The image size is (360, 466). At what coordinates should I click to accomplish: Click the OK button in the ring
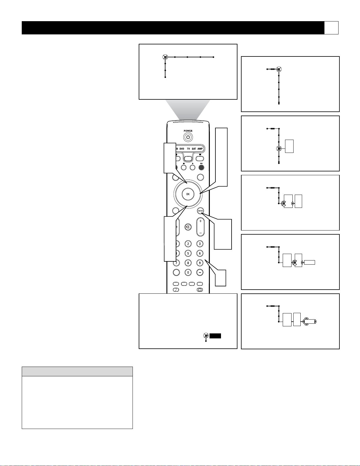[x=188, y=194]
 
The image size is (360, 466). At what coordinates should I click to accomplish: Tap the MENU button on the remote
[x=200, y=211]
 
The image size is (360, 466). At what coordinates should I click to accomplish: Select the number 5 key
[x=188, y=253]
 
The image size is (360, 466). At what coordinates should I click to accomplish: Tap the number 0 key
[x=188, y=272]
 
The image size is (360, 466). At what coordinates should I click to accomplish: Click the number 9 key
[x=200, y=263]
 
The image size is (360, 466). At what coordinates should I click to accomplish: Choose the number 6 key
[x=200, y=253]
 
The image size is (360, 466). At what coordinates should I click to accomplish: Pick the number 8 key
[x=188, y=263]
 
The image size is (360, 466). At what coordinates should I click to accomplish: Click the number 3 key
[x=200, y=244]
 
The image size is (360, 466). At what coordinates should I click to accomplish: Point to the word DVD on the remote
[x=182, y=148]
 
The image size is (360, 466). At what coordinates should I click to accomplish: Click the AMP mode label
[x=200, y=148]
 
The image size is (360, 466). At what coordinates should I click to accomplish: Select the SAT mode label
[x=194, y=148]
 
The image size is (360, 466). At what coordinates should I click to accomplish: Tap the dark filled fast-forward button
[x=201, y=168]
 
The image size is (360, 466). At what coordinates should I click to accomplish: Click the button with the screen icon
[x=200, y=290]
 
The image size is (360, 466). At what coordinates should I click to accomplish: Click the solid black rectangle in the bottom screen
[x=215, y=336]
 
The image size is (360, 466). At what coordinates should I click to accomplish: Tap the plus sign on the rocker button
[x=200, y=221]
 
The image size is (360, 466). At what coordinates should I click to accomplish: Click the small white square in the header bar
[x=331, y=28]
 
